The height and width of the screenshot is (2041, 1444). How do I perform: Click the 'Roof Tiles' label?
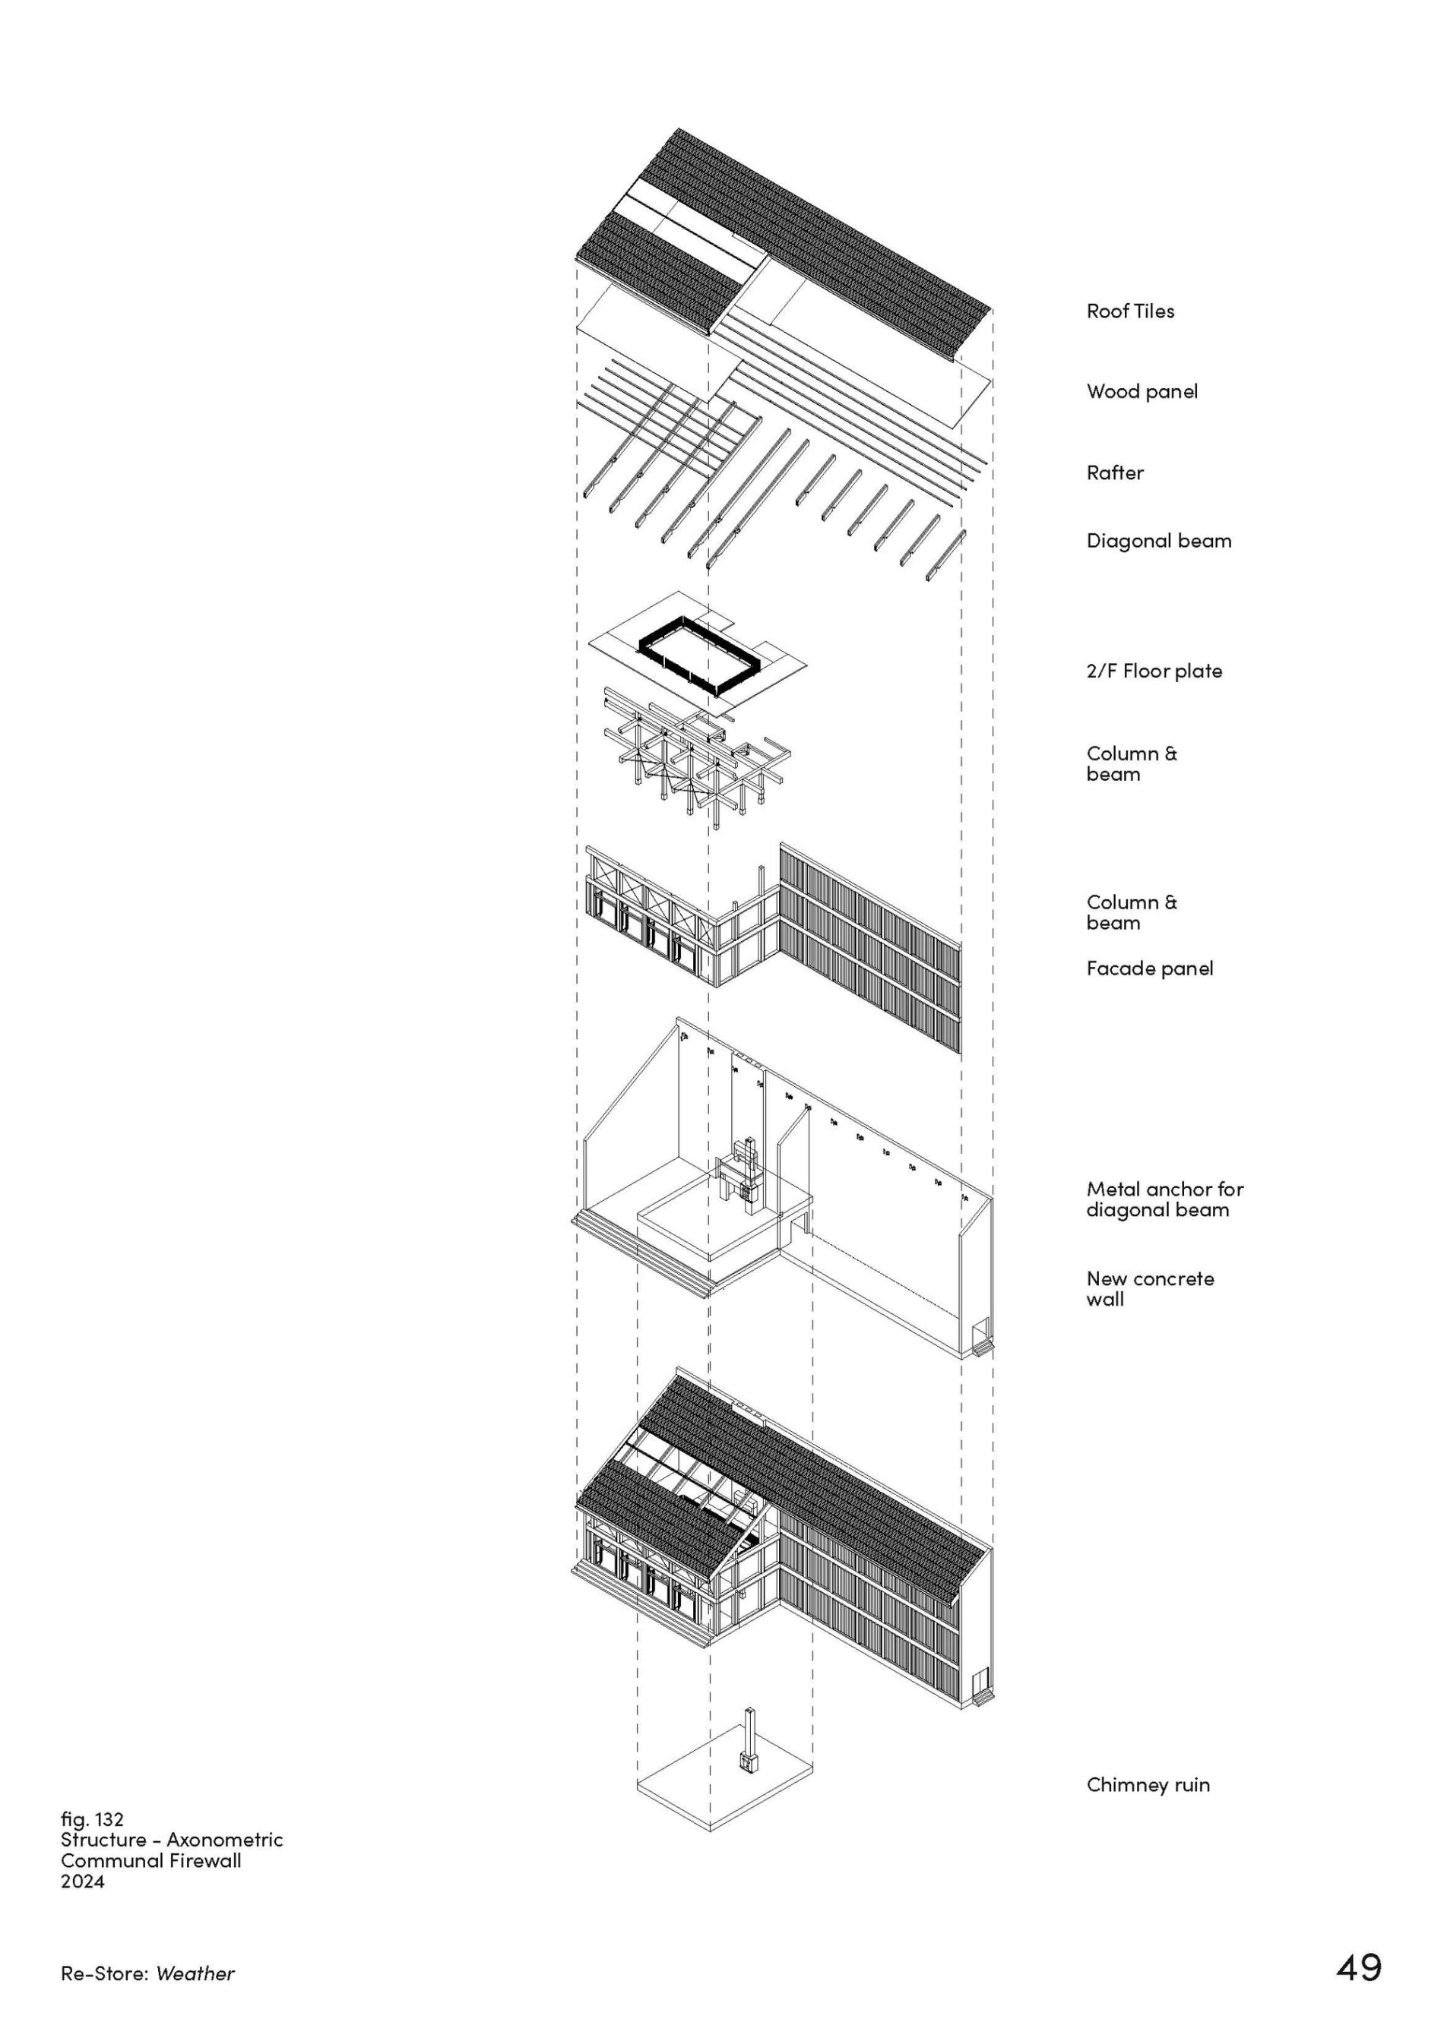pyautogui.click(x=1129, y=311)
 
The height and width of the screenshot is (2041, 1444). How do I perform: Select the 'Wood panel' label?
pyautogui.click(x=1142, y=391)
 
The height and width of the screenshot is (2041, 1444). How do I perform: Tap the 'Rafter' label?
pyautogui.click(x=1114, y=473)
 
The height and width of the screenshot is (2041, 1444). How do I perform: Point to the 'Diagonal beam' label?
pyautogui.click(x=1158, y=542)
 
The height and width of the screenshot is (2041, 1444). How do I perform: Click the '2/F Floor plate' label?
pyautogui.click(x=1153, y=671)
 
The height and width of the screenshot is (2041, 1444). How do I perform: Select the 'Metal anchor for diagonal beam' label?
pyautogui.click(x=1164, y=1199)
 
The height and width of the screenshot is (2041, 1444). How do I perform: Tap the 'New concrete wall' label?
pyautogui.click(x=1149, y=1289)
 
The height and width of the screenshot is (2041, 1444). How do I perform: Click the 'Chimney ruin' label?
pyautogui.click(x=1147, y=1785)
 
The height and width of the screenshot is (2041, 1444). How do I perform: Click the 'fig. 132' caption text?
pyautogui.click(x=92, y=1820)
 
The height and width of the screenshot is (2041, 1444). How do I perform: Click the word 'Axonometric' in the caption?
pyautogui.click(x=224, y=1840)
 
